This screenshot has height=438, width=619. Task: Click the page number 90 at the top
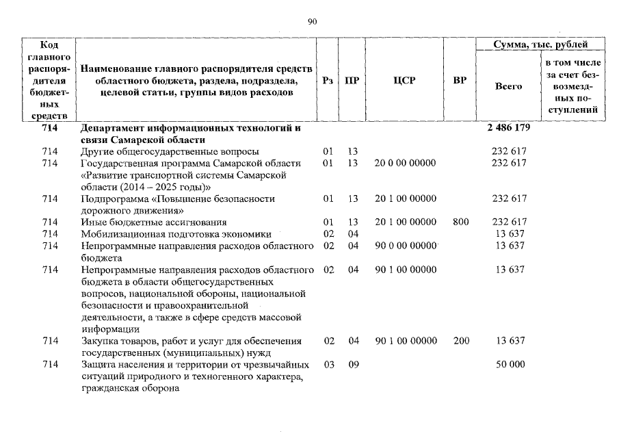(x=313, y=22)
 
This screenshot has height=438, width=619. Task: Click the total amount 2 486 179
(x=510, y=128)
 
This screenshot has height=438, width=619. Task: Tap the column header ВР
(x=460, y=81)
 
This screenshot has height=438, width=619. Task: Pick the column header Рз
(x=328, y=81)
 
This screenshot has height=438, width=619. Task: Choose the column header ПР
(x=352, y=81)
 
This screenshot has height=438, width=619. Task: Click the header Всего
(x=508, y=87)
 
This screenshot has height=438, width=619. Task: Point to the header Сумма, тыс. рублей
(x=540, y=44)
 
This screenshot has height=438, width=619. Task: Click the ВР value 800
(x=460, y=222)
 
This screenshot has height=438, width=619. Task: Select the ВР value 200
(x=460, y=341)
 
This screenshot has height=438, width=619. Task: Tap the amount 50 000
(x=510, y=365)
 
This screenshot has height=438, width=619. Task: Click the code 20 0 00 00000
(x=406, y=163)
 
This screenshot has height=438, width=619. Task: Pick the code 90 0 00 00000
(x=406, y=246)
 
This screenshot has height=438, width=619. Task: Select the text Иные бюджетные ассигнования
(x=154, y=222)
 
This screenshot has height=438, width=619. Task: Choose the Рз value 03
(x=328, y=365)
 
